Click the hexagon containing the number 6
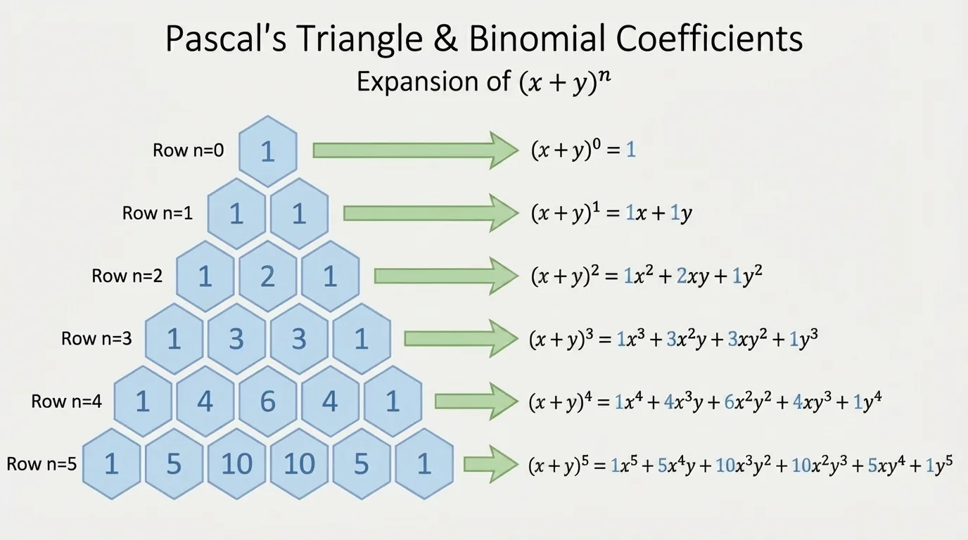pos(267,401)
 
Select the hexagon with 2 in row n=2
pos(267,276)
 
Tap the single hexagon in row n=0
pos(267,151)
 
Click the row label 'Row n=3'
pos(96,339)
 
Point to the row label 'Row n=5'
pos(42,464)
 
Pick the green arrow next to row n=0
pos(415,150)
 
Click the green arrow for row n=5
pos(490,464)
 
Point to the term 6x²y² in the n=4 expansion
pos(726,402)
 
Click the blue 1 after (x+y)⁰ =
pos(631,150)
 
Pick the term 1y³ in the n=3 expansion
pos(803,340)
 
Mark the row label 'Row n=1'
pos(158,214)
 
